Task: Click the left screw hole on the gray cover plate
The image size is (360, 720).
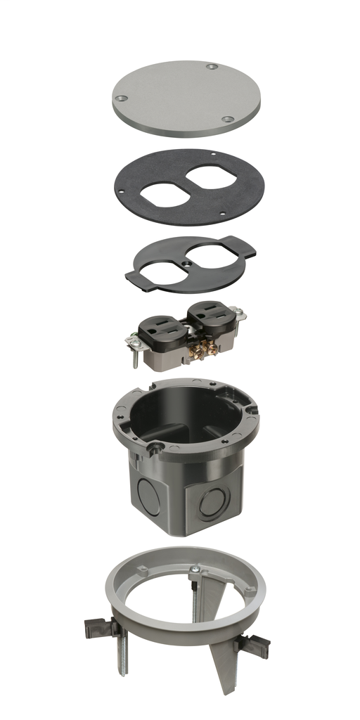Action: [x=121, y=98]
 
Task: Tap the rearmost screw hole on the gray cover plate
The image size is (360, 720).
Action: [x=212, y=67]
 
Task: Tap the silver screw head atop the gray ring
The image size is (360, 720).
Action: [x=194, y=569]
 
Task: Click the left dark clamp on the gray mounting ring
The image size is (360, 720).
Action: [x=98, y=625]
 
